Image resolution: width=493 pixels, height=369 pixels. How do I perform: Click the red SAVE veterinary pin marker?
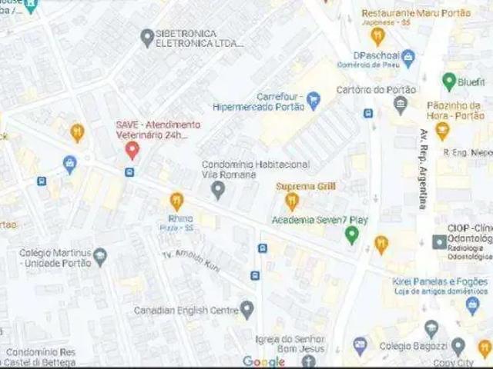[x=132, y=150]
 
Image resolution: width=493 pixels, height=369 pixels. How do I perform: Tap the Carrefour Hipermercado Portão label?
[x=259, y=101]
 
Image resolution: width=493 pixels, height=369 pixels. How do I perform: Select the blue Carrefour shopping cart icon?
[x=313, y=98]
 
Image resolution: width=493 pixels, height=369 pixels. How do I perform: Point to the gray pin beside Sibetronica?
[x=147, y=36]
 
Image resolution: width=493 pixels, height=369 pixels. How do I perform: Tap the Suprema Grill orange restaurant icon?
[x=291, y=201]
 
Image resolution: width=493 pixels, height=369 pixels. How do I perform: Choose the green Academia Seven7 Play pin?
[x=352, y=234]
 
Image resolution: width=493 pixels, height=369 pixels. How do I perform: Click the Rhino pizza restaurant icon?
[x=176, y=201]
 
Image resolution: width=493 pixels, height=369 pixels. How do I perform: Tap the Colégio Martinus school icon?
[x=101, y=257]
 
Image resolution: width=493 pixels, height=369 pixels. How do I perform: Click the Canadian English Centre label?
[x=186, y=311]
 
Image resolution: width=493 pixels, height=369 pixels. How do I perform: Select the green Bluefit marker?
[x=448, y=81]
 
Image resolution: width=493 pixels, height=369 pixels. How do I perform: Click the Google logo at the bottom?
[x=263, y=361]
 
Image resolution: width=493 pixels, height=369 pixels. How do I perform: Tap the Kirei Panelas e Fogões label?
[x=440, y=281]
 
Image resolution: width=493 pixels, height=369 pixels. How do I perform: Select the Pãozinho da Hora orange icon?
[x=442, y=131]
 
